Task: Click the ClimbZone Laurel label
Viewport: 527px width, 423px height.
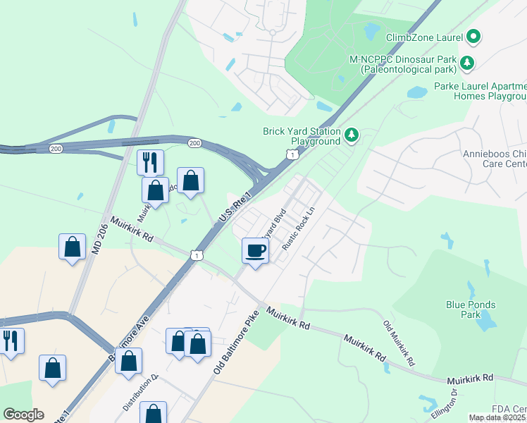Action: click(x=424, y=37)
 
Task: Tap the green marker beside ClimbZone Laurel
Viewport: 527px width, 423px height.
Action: click(x=473, y=36)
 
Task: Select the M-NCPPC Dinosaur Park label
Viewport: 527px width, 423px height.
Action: click(x=404, y=65)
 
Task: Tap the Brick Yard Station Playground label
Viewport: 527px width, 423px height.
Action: click(x=301, y=136)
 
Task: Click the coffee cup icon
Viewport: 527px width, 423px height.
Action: click(x=255, y=250)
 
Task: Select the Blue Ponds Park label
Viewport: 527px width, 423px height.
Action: click(x=471, y=309)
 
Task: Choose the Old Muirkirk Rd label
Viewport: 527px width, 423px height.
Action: click(x=398, y=343)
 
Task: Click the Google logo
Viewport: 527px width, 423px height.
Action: click(x=23, y=415)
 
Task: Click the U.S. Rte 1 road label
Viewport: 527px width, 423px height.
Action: click(x=235, y=210)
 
